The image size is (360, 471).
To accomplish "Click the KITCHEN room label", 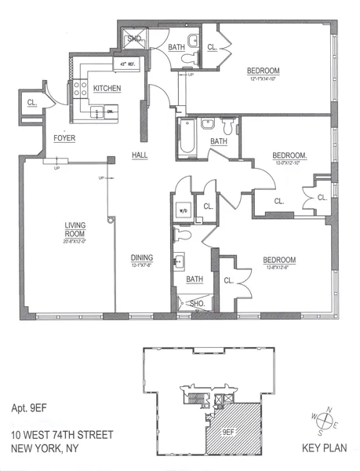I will (107, 89).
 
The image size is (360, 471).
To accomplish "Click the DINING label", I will (142, 257).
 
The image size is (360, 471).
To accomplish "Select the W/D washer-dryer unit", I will (184, 211).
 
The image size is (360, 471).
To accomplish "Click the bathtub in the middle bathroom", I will (187, 137).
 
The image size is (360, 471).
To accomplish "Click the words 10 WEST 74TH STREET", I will (61, 434).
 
